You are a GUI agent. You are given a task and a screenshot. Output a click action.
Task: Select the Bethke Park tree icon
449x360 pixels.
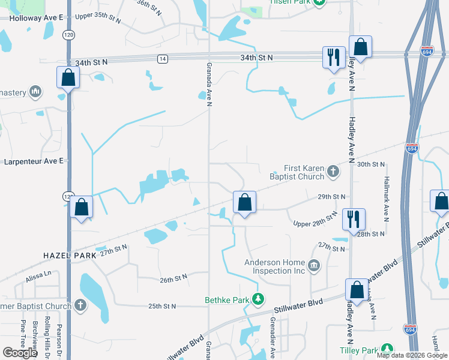(258, 298)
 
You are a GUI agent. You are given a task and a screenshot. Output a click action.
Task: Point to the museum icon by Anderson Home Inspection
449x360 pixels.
(313, 266)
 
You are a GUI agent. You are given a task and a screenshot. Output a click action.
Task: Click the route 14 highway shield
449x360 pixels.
(162, 58)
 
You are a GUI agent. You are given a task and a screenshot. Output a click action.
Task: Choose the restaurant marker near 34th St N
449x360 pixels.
(334, 58)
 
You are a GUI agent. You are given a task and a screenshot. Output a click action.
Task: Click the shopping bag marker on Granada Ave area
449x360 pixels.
(244, 202)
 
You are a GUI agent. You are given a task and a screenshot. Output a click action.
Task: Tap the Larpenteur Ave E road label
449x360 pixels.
(34, 161)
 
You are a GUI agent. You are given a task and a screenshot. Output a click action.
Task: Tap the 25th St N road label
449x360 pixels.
(162, 306)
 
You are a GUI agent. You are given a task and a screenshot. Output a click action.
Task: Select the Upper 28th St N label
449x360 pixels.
(316, 220)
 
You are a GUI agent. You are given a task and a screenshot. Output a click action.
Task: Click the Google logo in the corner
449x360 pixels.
(20, 352)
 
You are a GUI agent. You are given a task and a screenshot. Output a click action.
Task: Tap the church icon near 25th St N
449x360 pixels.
(79, 305)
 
